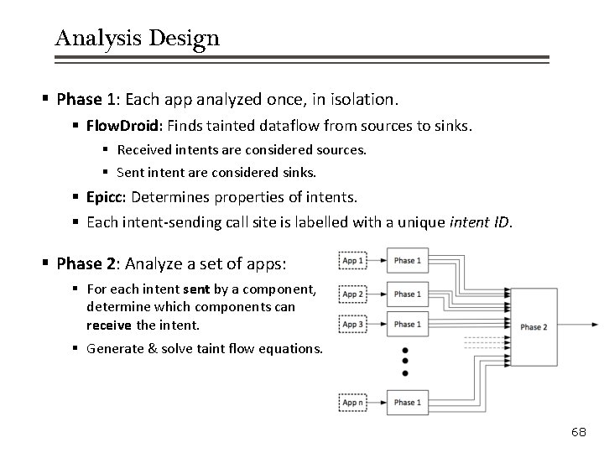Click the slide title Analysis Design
137,38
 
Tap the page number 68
579,431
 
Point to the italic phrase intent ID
478,222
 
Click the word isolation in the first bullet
362,99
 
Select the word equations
290,348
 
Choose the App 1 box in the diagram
352,261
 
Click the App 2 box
352,294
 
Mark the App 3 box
352,325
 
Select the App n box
352,403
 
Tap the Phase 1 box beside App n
406,403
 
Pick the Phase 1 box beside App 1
406,261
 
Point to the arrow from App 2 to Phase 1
377,294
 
